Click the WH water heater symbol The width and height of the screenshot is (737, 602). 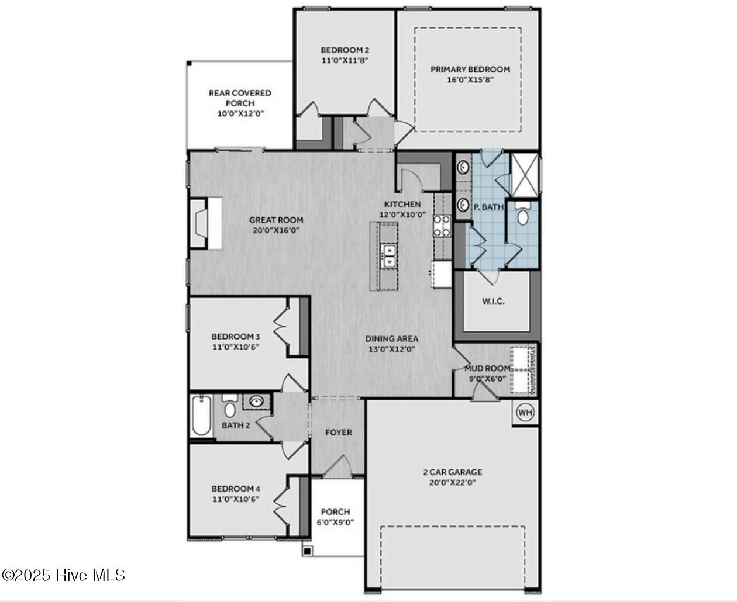[525, 413]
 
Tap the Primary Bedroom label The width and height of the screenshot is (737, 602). [470, 69]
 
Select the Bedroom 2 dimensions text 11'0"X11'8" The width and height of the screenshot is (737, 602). [345, 60]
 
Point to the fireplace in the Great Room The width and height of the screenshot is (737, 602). [201, 224]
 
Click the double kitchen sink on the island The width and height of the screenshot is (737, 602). [388, 256]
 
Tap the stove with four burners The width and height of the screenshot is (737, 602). [442, 226]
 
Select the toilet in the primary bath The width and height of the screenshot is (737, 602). [522, 215]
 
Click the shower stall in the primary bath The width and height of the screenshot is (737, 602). [525, 173]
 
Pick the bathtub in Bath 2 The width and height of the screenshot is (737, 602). [202, 416]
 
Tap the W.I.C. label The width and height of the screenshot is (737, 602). [493, 302]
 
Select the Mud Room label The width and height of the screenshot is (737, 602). [487, 368]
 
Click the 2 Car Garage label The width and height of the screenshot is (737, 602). [452, 472]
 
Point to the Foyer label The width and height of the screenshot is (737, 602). [339, 433]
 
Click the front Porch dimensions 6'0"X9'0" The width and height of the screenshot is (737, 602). [335, 522]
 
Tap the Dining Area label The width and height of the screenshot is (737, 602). [391, 338]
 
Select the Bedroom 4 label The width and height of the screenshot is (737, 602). [236, 489]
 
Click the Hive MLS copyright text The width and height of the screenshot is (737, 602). [63, 575]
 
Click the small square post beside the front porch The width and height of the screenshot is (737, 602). [307, 551]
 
